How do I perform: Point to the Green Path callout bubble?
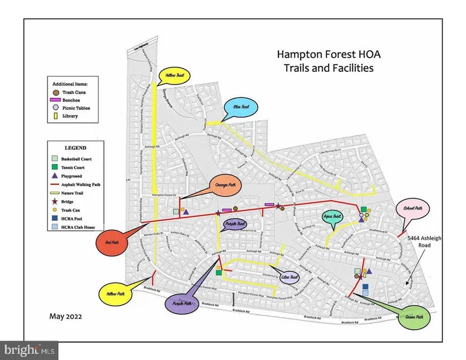[x=414, y=317]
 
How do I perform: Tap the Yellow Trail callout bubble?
[x=176, y=76]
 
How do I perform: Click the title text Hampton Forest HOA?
[x=324, y=55]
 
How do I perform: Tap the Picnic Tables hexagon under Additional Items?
[x=54, y=107]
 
